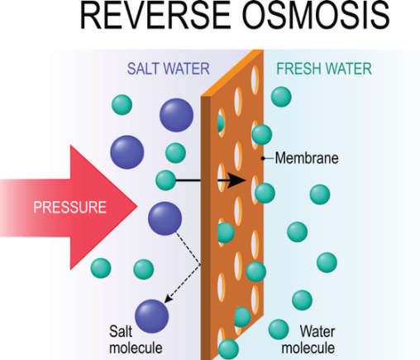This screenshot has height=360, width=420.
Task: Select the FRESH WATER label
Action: point(324,69)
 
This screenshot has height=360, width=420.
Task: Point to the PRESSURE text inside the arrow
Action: point(69,207)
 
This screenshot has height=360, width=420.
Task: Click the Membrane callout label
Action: point(307,157)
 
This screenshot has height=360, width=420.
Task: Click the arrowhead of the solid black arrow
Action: point(239,180)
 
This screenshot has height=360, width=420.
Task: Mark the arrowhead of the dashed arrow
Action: point(166,301)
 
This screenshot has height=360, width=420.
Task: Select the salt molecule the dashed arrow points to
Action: point(151,316)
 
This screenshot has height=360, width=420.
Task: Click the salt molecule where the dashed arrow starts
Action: point(165,218)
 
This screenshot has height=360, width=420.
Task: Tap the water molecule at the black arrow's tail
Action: point(165,180)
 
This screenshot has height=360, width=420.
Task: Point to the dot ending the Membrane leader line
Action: point(263,157)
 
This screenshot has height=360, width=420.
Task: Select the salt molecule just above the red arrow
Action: point(126,152)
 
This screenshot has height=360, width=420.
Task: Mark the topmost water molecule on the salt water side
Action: point(122,105)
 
